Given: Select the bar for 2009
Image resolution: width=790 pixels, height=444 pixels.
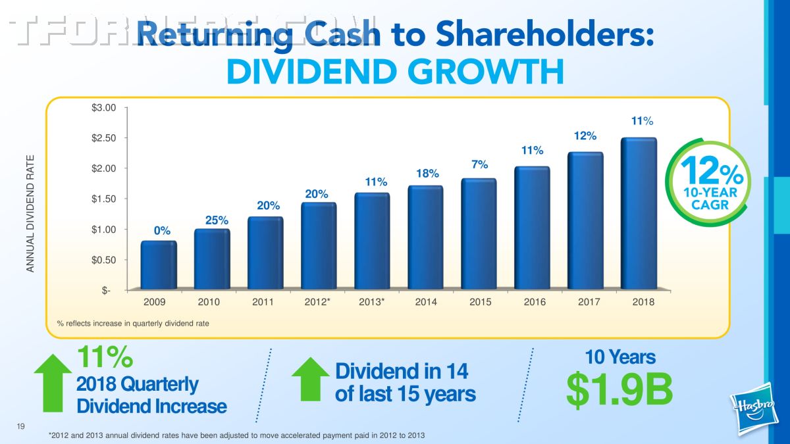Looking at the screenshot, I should (x=159, y=265).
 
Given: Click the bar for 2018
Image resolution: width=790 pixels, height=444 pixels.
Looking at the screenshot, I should (x=639, y=214).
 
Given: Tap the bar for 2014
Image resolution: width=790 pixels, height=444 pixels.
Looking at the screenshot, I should (x=425, y=237).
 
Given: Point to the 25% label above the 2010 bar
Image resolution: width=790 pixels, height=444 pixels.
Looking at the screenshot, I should (x=217, y=220).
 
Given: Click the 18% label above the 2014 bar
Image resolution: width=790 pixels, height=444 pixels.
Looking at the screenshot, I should (x=427, y=173).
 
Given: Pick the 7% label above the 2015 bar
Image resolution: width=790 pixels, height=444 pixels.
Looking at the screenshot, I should (x=479, y=164).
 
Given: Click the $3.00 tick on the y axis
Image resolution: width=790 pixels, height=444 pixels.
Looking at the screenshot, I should (x=104, y=107).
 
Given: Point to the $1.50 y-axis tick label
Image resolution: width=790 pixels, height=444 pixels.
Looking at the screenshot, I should (x=104, y=199).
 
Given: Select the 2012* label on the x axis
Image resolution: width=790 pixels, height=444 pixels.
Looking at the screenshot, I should (x=318, y=302).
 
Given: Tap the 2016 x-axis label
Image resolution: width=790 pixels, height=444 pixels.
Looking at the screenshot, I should (x=534, y=302).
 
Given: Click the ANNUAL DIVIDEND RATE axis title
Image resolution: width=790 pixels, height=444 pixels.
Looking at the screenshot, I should (x=30, y=213).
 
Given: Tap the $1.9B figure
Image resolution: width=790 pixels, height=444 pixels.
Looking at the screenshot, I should (x=619, y=389).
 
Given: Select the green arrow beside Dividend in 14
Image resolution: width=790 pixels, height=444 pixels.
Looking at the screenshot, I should (x=310, y=378).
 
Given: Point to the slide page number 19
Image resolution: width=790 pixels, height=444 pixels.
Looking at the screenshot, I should (x=21, y=428).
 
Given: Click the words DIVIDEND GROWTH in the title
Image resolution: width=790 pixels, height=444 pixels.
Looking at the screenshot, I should (x=395, y=72).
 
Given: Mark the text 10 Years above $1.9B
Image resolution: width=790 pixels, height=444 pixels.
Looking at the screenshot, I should (x=620, y=357).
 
